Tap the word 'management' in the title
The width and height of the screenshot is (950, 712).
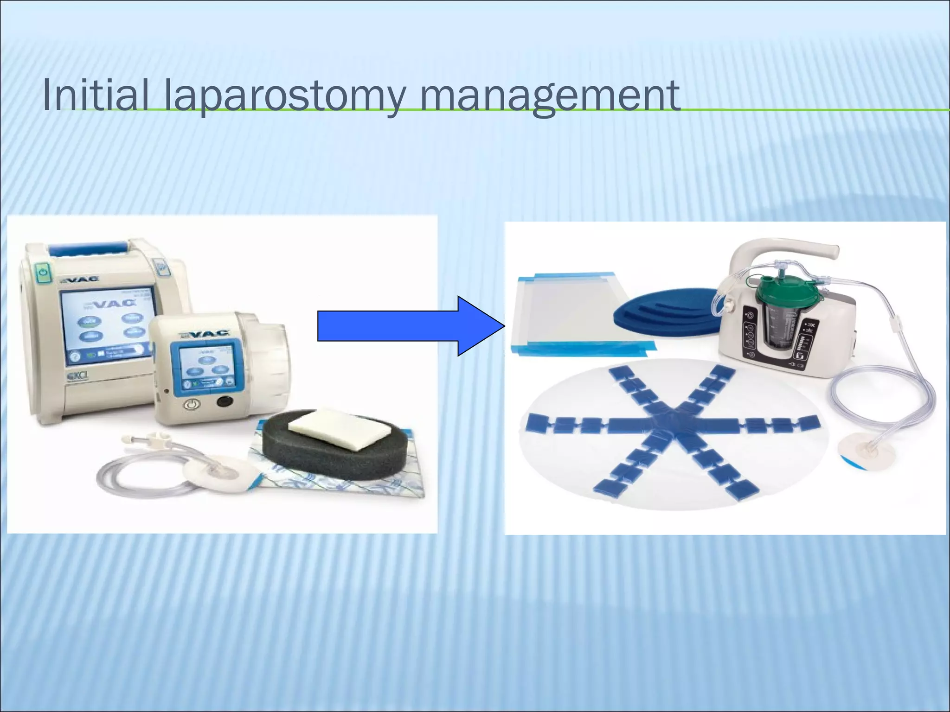549,96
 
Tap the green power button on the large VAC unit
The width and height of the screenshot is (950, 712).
43,273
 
